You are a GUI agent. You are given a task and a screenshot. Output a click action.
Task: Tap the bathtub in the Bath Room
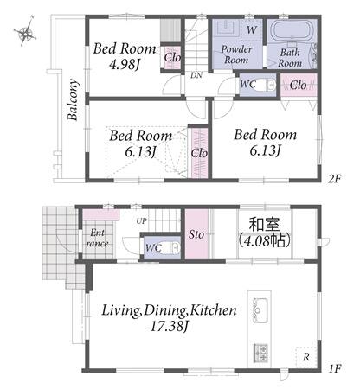coord(292,31)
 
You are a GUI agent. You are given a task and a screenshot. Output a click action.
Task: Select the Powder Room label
coord(236,54)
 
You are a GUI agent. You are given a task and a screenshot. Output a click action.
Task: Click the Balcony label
coord(73,99)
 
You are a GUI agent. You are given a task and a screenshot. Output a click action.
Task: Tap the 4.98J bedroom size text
coord(125,65)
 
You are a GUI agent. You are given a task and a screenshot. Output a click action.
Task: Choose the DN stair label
coord(196,75)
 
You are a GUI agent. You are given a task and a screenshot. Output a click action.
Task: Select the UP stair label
coord(141,221)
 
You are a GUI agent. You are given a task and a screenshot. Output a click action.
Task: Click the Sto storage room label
coord(196,234)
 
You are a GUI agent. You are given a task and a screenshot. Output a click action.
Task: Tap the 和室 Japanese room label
coord(265,225)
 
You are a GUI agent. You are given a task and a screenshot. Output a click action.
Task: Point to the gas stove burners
coord(260,353)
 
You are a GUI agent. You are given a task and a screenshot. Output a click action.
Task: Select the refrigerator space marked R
coord(306,357)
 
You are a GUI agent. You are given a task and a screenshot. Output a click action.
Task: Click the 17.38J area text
coord(170,327)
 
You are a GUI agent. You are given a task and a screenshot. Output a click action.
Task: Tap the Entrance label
coord(97,238)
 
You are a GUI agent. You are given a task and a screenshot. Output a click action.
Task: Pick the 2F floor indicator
coord(335,179)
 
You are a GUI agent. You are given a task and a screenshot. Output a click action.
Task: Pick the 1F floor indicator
coord(336,368)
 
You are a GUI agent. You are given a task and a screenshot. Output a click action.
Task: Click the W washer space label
coord(252,29)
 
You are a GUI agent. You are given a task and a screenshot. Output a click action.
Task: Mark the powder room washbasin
coord(226,28)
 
